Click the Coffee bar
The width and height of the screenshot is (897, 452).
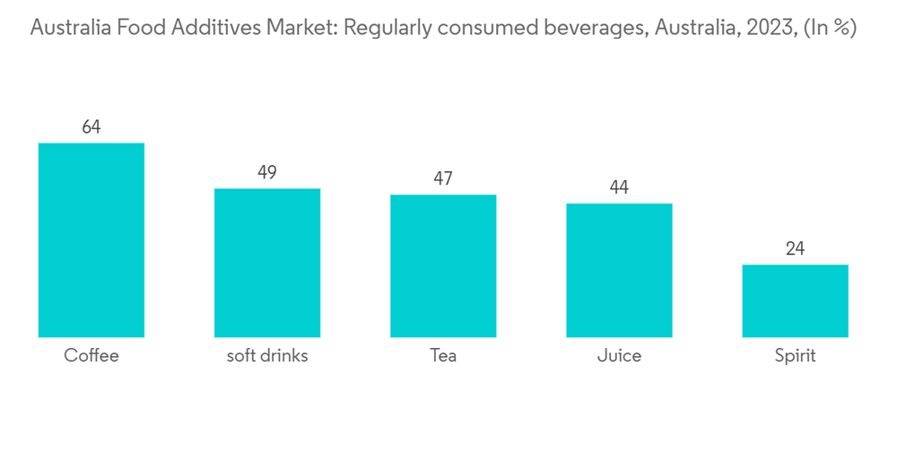tap(91, 240)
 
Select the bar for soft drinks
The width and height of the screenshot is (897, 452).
tap(267, 263)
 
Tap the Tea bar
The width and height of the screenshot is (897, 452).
tap(443, 265)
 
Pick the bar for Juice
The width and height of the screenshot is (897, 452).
tap(619, 270)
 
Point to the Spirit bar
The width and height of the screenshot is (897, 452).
tap(795, 300)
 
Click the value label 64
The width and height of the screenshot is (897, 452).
tap(91, 127)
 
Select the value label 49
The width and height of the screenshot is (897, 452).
tap(267, 172)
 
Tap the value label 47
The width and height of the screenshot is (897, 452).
tap(443, 178)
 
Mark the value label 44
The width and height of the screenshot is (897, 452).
tap(619, 187)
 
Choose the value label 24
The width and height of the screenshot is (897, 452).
tap(795, 248)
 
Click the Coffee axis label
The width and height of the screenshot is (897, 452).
tap(91, 356)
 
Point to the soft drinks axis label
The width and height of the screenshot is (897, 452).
tap(267, 356)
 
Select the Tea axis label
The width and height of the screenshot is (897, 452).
tap(443, 356)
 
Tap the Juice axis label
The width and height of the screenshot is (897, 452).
tap(619, 356)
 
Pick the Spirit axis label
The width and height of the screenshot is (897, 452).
tap(795, 356)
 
